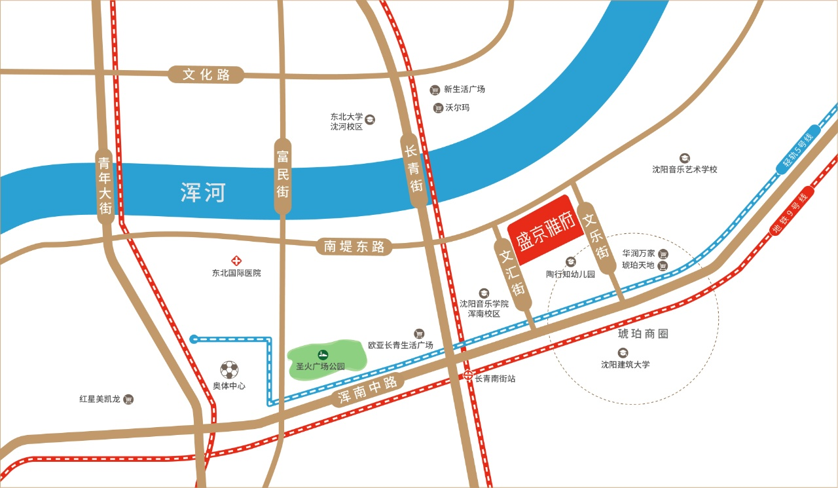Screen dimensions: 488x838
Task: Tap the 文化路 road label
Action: pos(206,75)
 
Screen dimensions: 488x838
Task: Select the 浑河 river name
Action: pos(203,193)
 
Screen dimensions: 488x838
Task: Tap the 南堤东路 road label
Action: pos(354,246)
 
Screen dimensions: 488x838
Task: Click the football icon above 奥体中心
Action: pos(229,370)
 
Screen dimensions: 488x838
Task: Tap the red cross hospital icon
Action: pos(236,260)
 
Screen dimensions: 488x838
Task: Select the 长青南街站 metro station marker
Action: pos(469,375)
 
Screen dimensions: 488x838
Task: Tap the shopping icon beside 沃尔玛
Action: pos(438,108)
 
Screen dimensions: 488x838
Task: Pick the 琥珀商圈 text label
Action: pos(644,333)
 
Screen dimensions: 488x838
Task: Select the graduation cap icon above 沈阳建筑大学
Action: pos(623,352)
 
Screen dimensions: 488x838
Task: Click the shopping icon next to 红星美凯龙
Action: pos(129,399)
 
